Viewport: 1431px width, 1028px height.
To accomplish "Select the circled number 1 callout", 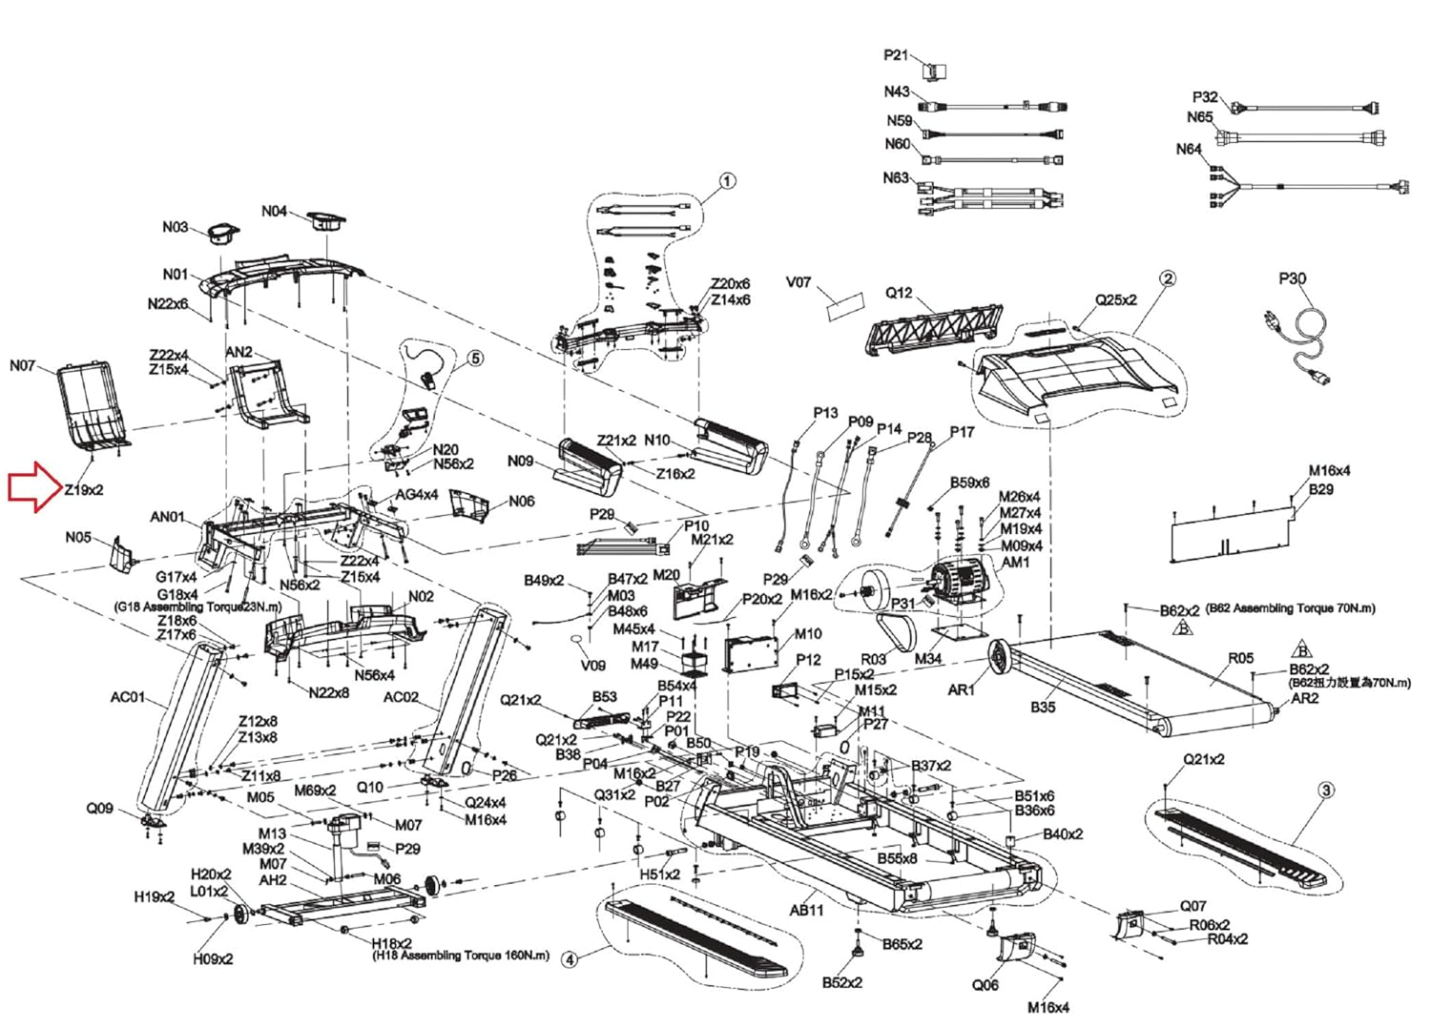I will click(727, 181).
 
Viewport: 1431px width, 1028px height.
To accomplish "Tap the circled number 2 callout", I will click(1168, 278).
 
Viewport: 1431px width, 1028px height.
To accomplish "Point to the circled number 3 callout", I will click(1326, 790).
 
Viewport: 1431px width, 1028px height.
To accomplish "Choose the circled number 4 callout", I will click(570, 959).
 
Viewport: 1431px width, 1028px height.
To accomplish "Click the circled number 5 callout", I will click(475, 359).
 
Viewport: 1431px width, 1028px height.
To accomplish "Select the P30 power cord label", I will click(1292, 278).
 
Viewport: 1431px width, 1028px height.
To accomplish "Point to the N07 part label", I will click(22, 365).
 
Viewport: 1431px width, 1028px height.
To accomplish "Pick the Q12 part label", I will click(899, 293).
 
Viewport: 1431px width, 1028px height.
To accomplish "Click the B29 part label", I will click(1321, 489).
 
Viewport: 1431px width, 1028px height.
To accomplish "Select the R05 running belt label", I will click(1240, 658).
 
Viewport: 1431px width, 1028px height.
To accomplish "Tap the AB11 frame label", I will click(806, 910).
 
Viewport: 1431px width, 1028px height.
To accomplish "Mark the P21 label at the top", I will click(896, 55).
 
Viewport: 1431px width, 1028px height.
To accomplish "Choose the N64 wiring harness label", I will click(1189, 149).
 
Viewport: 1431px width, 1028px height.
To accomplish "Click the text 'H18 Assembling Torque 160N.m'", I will click(461, 956).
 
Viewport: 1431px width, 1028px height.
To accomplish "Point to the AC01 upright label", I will click(128, 697).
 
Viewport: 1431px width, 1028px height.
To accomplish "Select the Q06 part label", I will click(985, 984).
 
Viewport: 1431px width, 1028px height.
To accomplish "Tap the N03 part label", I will click(175, 227).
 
